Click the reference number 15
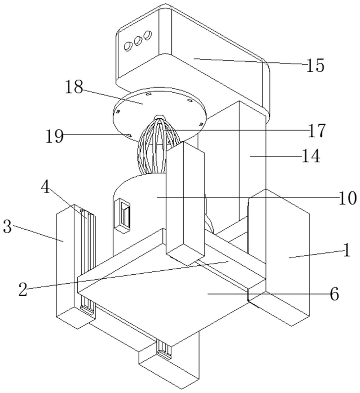(x=315, y=65)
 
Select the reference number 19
(x=55, y=136)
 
